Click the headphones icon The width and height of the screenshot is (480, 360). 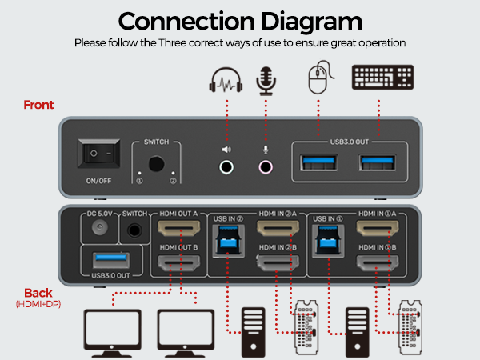point(226,79)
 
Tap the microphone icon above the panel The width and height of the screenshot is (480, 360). point(266,81)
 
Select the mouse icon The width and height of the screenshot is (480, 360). point(321,77)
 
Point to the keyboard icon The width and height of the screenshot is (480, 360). point(382,77)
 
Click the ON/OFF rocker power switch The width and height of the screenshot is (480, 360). point(98,154)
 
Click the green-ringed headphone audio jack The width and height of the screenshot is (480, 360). point(226,167)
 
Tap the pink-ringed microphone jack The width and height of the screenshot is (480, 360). point(266,167)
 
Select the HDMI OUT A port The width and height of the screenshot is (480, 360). point(178,228)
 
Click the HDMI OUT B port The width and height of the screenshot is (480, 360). point(178,262)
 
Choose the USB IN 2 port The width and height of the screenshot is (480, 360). point(228,241)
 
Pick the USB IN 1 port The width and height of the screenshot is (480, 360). point(328,241)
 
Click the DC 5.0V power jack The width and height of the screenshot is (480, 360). point(100,227)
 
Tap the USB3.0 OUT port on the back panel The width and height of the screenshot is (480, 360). point(111,260)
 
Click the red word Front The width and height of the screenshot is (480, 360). point(38,105)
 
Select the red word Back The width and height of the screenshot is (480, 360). point(38,293)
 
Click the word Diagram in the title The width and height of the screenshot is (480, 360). point(312,22)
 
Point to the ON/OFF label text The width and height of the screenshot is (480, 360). point(98,181)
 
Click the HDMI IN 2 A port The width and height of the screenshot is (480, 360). point(278,228)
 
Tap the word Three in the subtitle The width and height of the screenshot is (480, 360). point(172,43)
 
